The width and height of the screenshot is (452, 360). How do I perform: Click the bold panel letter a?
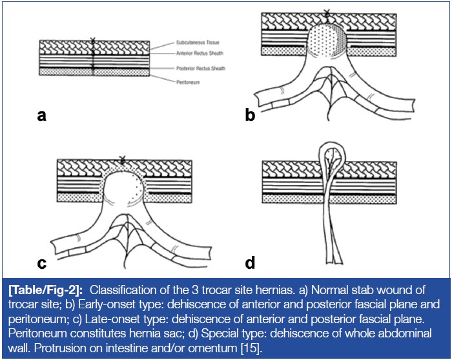42,115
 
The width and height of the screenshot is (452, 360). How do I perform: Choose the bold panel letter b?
250,115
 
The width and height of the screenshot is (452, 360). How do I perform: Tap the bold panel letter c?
42,262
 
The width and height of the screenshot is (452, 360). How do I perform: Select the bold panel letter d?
250,262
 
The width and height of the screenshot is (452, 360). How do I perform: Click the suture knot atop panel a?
93,40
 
